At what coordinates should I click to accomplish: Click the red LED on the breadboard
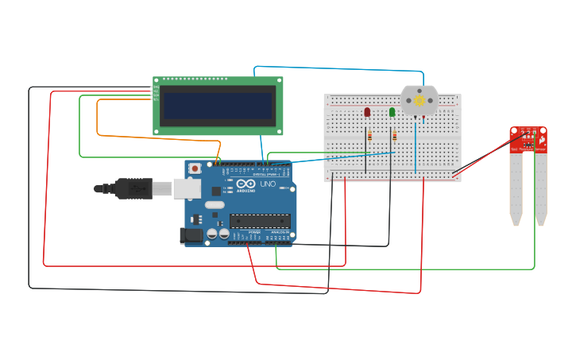(367, 112)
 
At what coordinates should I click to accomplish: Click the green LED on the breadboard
(392, 112)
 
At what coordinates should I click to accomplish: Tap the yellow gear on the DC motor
(419, 101)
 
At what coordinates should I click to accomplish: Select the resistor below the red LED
(369, 136)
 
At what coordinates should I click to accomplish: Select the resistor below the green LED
(394, 136)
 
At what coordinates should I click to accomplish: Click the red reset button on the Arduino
(195, 168)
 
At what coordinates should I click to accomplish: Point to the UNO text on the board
(268, 184)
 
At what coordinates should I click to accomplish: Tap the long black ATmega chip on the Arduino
(260, 220)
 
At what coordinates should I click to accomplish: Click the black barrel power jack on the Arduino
(191, 234)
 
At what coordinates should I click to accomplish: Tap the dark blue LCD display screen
(218, 105)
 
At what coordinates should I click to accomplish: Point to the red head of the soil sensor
(528, 139)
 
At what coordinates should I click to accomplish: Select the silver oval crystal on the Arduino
(215, 204)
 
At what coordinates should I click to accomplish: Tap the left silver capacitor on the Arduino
(212, 234)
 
